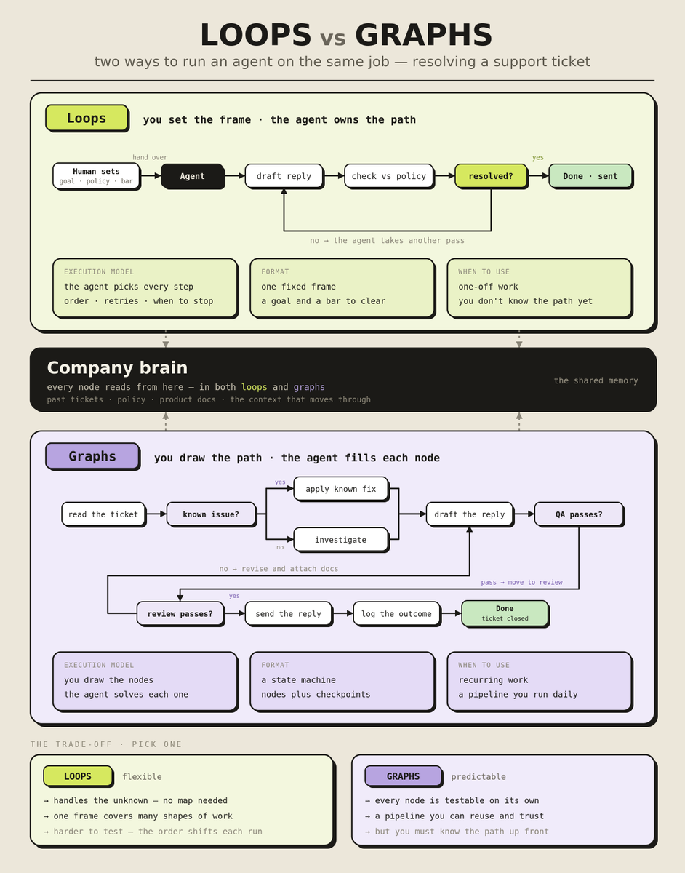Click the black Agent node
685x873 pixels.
click(192, 176)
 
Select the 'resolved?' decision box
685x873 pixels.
click(491, 176)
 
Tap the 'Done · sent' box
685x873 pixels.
click(590, 176)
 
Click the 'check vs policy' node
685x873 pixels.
click(388, 176)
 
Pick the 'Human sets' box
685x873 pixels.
click(96, 175)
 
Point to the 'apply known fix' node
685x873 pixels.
click(341, 489)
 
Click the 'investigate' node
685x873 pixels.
click(341, 540)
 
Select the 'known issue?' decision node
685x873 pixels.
click(211, 514)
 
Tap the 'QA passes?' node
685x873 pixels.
click(579, 514)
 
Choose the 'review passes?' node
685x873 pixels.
click(180, 613)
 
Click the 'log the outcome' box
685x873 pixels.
click(396, 613)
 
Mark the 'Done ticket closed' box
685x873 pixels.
click(505, 613)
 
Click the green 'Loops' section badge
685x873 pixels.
click(87, 118)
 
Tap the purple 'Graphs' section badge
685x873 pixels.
click(92, 456)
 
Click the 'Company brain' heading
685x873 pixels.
click(117, 367)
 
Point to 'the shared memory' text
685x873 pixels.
click(596, 380)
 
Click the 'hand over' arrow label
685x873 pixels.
click(150, 157)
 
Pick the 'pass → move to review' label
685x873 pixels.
click(521, 582)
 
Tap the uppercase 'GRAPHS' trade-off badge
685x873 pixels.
click(403, 776)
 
